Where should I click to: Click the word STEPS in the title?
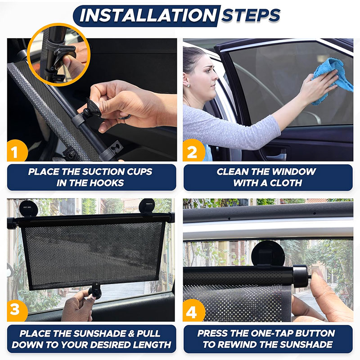tap(251, 15)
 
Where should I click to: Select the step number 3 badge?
tap(17, 310)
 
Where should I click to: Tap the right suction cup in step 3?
tap(147, 207)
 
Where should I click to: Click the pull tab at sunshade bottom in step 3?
tap(94, 292)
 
